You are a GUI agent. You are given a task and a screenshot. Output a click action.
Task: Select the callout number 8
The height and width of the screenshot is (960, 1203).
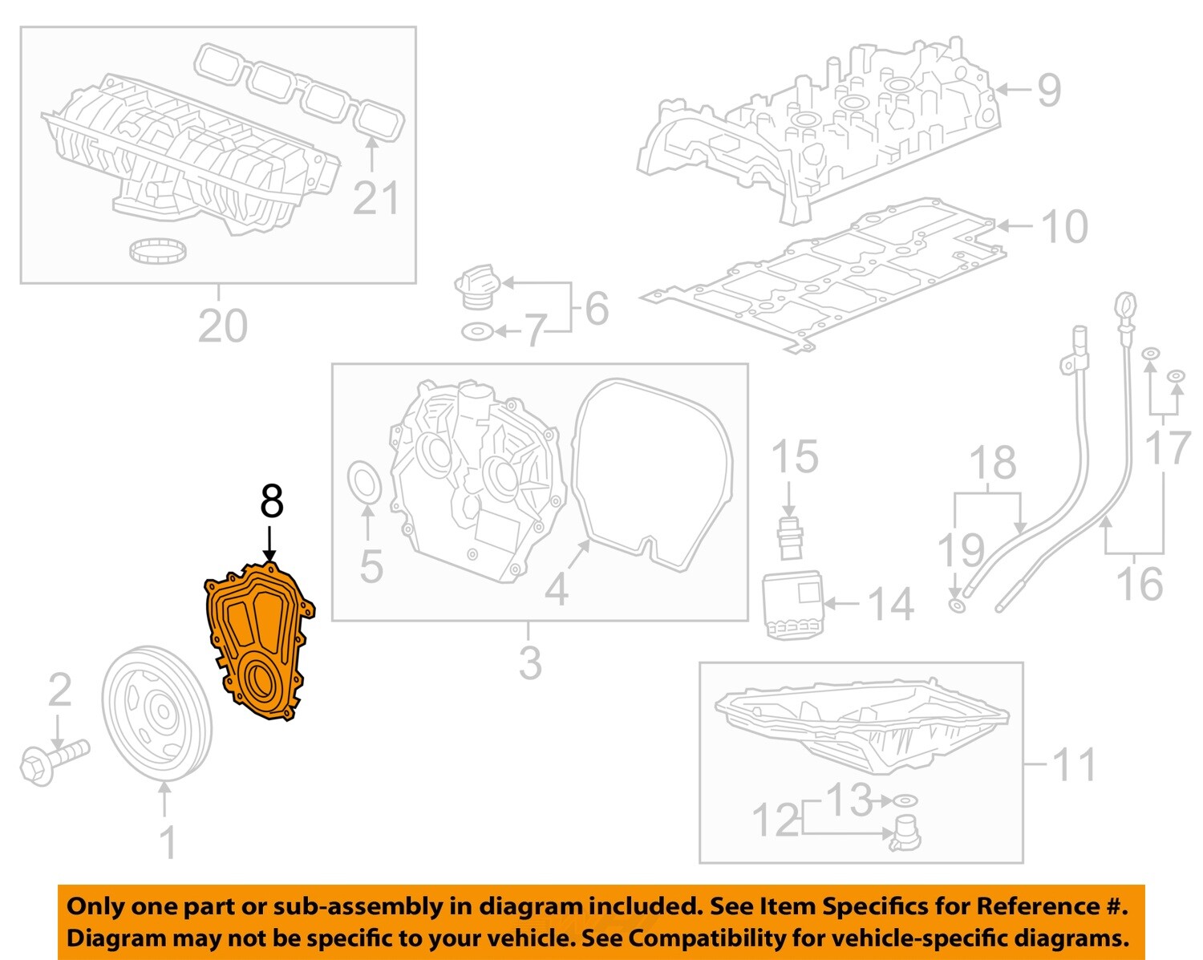[271, 502]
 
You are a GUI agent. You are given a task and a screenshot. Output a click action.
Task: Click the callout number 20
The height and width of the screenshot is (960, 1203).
[222, 326]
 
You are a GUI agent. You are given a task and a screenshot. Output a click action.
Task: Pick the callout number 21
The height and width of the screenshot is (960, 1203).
[375, 198]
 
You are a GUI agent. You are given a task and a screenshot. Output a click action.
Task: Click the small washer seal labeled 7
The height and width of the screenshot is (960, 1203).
[476, 331]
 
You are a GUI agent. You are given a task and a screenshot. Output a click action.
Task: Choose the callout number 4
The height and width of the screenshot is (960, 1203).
[556, 589]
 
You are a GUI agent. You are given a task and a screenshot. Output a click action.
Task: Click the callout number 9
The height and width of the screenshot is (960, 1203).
[1048, 90]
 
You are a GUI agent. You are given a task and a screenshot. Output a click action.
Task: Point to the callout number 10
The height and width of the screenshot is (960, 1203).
[1063, 227]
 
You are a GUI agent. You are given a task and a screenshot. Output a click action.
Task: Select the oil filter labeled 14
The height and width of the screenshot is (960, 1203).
[792, 605]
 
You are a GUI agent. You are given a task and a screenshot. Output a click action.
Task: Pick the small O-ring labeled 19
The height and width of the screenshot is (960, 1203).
[957, 604]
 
